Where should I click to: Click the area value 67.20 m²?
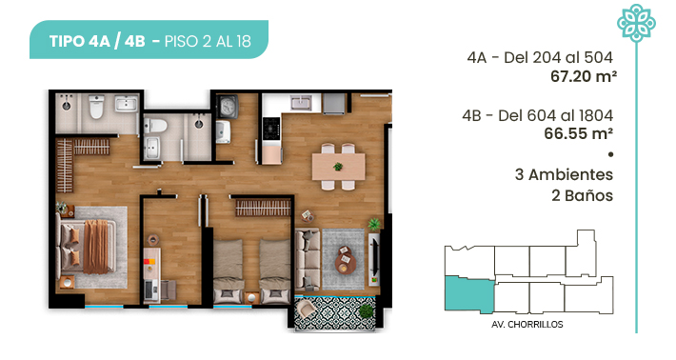coord(584,77)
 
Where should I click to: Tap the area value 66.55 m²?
coord(578,133)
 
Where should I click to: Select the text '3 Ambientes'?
coord(564,174)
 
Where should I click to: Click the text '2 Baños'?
coord(582,196)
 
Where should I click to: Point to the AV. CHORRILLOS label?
coord(527,324)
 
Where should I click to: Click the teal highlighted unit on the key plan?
coord(469,294)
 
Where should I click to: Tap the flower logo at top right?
coord(636,23)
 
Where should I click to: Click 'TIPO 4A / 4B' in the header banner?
coord(97,41)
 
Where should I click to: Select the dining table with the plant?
coord(338,167)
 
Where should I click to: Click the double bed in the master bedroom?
coord(88,247)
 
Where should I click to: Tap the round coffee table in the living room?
coord(346,260)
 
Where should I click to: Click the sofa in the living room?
coord(308,259)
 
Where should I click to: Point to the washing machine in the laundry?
coord(228,107)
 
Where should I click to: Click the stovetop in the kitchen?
coord(271,128)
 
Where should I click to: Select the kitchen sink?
coord(301,103)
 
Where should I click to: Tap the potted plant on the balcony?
coord(366,311)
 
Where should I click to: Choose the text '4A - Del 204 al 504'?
coord(540,57)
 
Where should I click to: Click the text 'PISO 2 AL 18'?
coord(208,41)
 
